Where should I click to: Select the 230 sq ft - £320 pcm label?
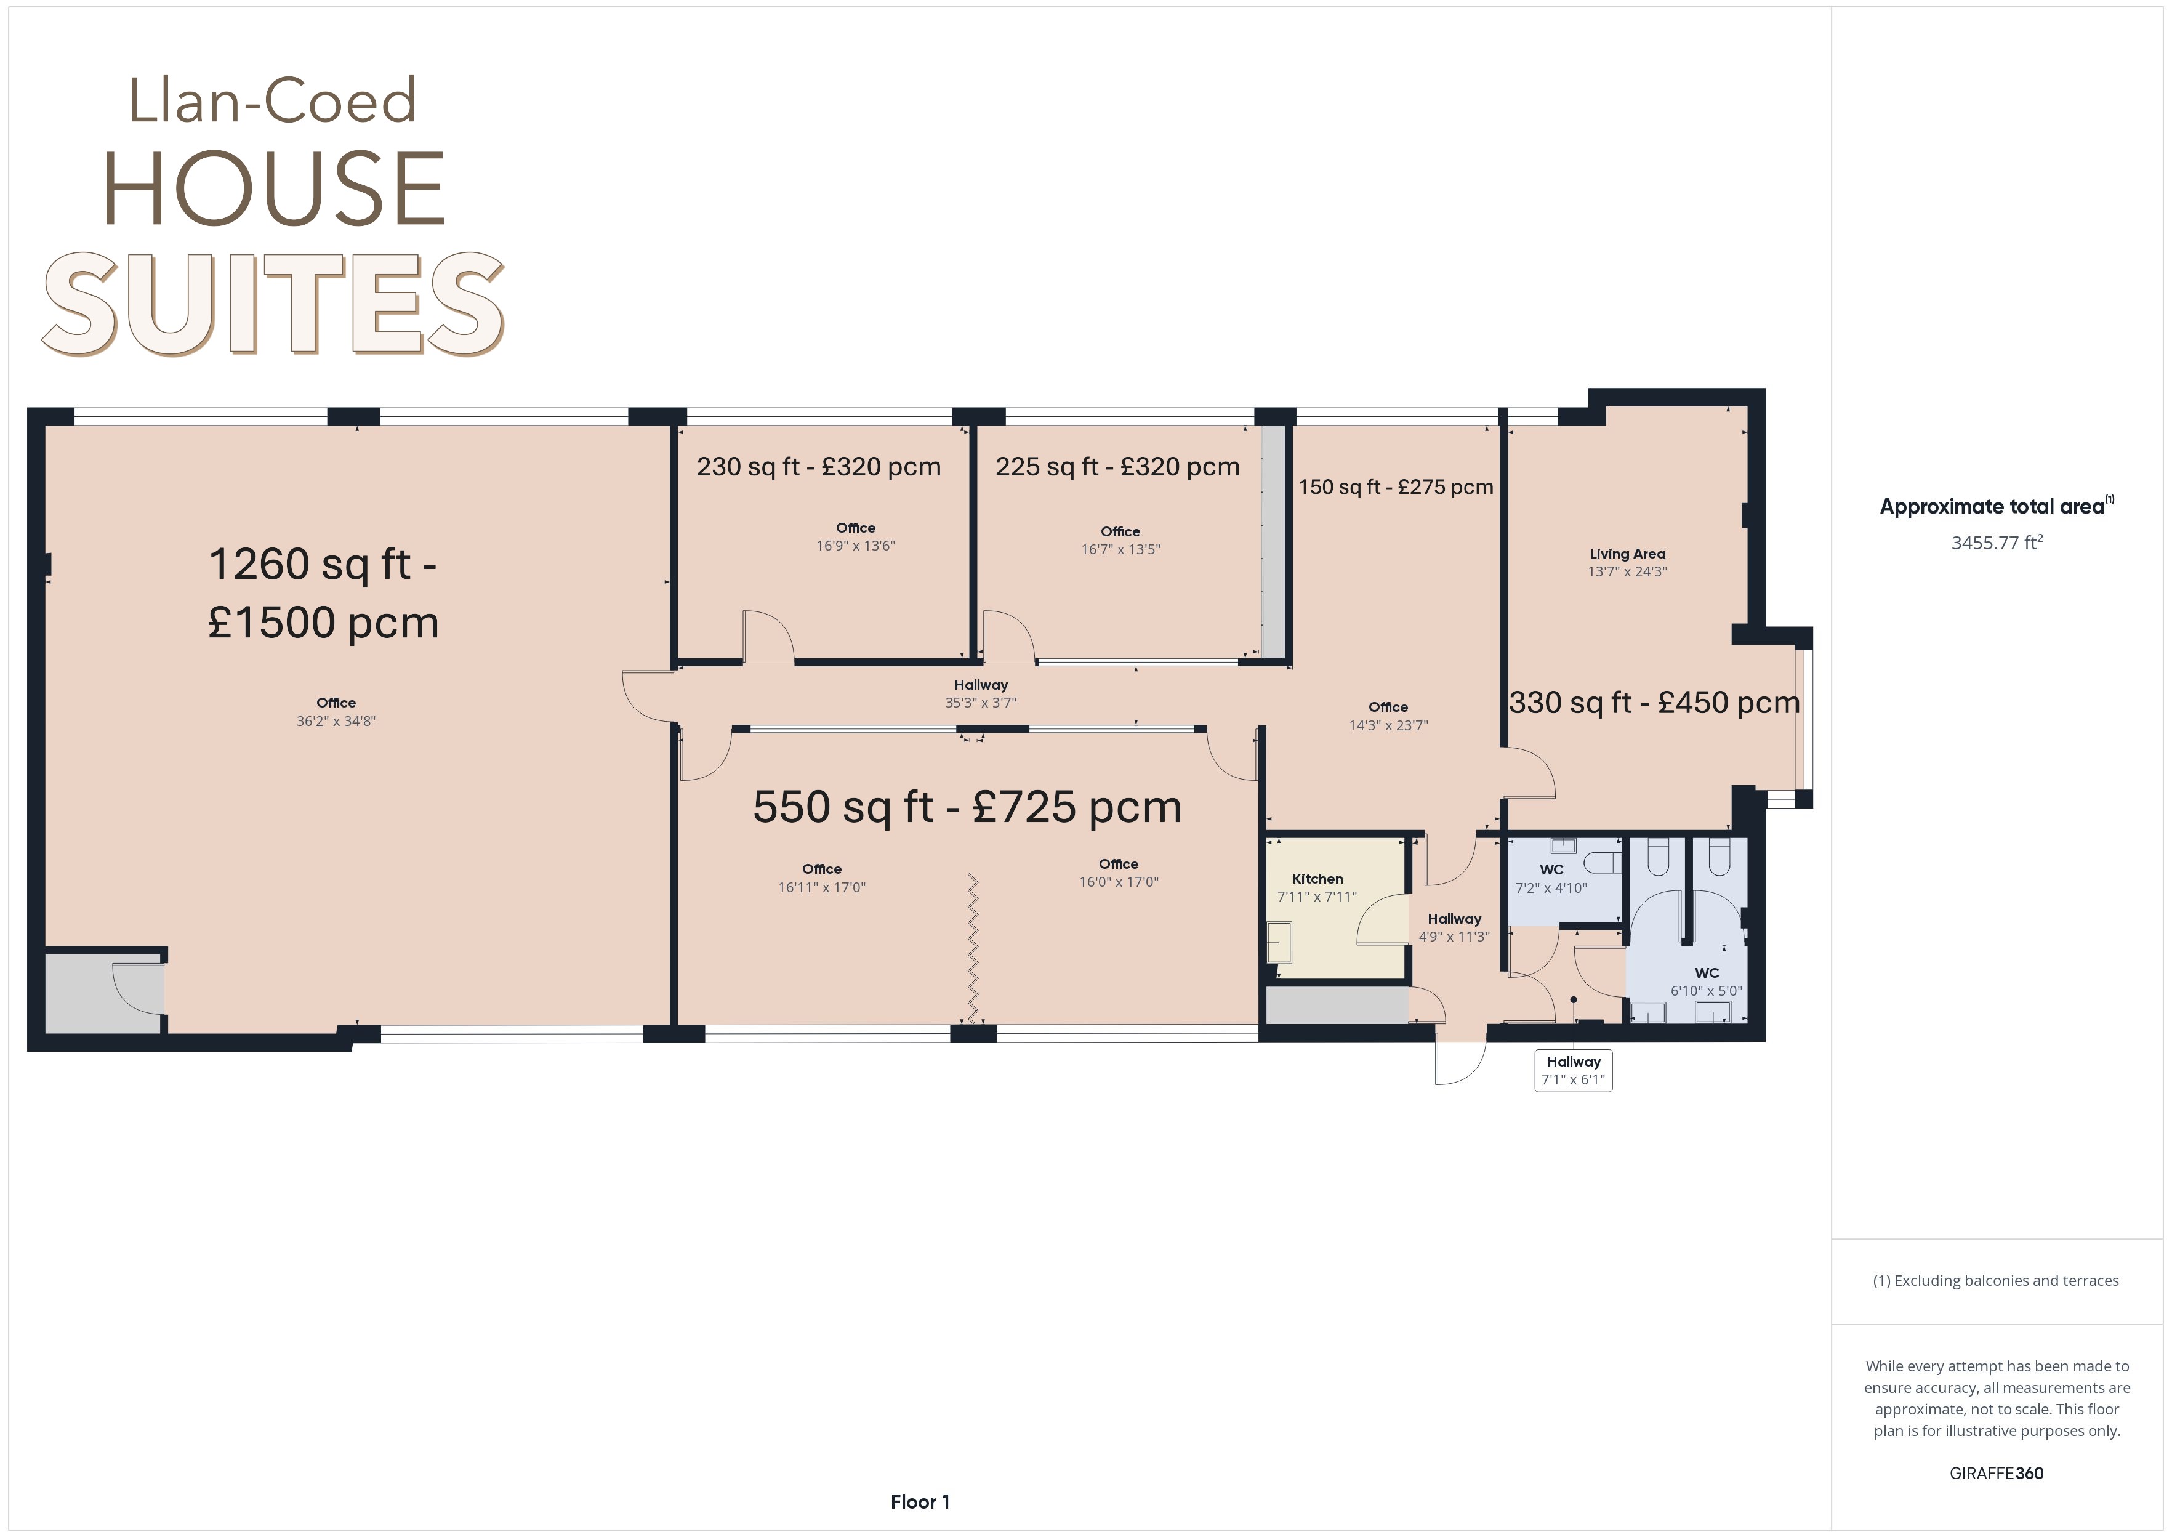[x=819, y=467]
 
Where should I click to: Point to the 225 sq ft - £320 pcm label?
[x=1117, y=467]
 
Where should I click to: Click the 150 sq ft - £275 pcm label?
[x=1395, y=488]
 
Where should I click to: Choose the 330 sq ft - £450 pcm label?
[x=1654, y=702]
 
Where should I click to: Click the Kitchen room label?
[x=1317, y=879]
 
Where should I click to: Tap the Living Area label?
[x=1627, y=554]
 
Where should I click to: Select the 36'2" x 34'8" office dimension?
[x=336, y=721]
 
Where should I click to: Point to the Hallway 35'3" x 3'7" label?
[x=981, y=694]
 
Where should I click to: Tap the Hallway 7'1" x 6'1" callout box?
[x=1573, y=1070]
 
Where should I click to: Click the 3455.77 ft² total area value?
[x=1997, y=543]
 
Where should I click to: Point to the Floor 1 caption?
[x=920, y=1502]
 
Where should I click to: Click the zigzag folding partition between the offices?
[x=973, y=946]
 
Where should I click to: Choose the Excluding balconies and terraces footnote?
[x=1996, y=1280]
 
